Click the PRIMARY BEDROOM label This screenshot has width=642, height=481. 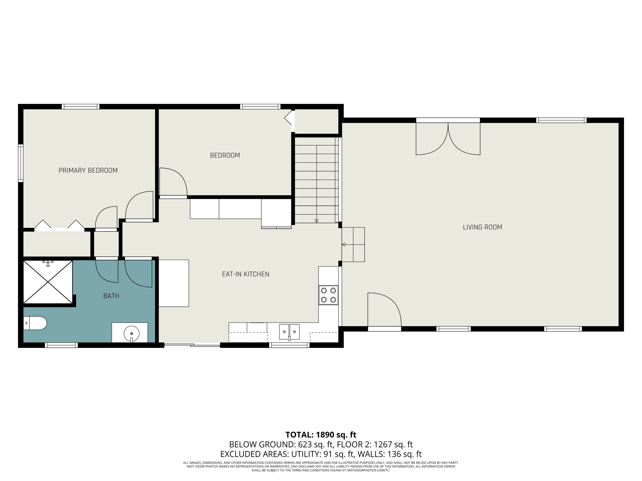(x=88, y=170)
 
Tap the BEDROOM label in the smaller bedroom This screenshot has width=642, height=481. (x=225, y=155)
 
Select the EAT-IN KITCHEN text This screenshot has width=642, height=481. (x=245, y=274)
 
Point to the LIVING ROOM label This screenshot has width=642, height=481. (x=482, y=227)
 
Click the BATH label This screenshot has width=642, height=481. (x=111, y=296)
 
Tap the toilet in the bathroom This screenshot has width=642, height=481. (x=35, y=323)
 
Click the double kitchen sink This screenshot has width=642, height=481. (x=289, y=332)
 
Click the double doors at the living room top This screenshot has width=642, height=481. (x=448, y=139)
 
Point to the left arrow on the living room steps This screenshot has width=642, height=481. (x=344, y=245)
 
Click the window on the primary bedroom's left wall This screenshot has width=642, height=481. (x=21, y=163)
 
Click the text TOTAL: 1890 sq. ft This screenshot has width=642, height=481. (x=321, y=435)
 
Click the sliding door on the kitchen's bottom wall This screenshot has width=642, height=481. (x=192, y=345)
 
